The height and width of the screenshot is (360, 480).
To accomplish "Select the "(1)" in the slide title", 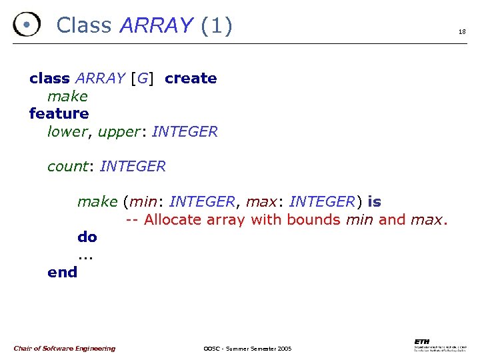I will [217, 25].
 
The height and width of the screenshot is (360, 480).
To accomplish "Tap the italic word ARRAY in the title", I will [156, 25].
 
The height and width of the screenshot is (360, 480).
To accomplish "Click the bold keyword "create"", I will [191, 78].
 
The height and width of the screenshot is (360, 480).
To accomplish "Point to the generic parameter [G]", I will [141, 78].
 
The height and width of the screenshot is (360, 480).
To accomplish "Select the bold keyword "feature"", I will [59, 113].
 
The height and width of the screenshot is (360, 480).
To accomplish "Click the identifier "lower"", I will [67, 131].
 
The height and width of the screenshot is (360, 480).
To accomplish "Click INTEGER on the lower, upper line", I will [185, 131].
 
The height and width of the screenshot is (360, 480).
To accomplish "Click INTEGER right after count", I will [132, 166].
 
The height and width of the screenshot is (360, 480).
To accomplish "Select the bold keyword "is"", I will [374, 201].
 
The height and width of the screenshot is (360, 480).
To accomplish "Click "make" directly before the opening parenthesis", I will [97, 201].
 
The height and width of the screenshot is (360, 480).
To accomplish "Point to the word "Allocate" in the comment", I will [175, 219].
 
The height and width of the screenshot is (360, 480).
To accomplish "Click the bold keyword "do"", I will [87, 237].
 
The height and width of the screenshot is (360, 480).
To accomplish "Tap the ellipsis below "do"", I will [84, 256].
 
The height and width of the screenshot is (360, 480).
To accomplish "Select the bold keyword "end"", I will [62, 272].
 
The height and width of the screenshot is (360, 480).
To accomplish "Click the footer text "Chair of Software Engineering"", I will [64, 348].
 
